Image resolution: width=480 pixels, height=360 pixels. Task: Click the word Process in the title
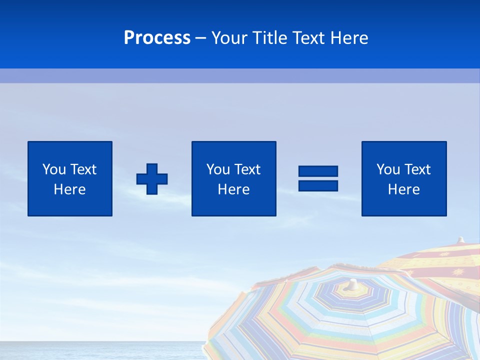pyautogui.click(x=157, y=38)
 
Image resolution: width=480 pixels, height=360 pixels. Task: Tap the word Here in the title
pyautogui.click(x=349, y=38)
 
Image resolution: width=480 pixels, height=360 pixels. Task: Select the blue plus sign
pyautogui.click(x=152, y=179)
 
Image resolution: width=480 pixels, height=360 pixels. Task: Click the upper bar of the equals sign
pyautogui.click(x=318, y=171)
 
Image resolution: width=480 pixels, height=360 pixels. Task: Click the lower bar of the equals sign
pyautogui.click(x=318, y=185)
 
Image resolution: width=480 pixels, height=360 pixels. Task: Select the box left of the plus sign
pyautogui.click(x=70, y=178)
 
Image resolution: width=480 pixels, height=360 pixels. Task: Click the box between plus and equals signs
pyautogui.click(x=233, y=178)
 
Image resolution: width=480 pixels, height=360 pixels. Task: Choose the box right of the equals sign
pyautogui.click(x=404, y=178)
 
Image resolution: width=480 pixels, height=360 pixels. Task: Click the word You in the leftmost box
pyautogui.click(x=53, y=169)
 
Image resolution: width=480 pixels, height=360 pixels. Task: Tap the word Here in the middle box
pyautogui.click(x=233, y=189)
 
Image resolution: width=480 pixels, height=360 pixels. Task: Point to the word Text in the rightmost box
pyautogui.click(x=417, y=169)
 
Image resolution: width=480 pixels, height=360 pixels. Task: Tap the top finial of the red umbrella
pyautogui.click(x=461, y=240)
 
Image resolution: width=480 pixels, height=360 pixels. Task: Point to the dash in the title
pyautogui.click(x=201, y=38)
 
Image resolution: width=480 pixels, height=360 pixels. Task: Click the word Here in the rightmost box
pyautogui.click(x=404, y=189)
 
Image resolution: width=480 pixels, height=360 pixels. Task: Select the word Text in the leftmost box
pyautogui.click(x=83, y=169)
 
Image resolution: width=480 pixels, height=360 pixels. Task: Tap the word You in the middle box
pyautogui.click(x=217, y=169)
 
